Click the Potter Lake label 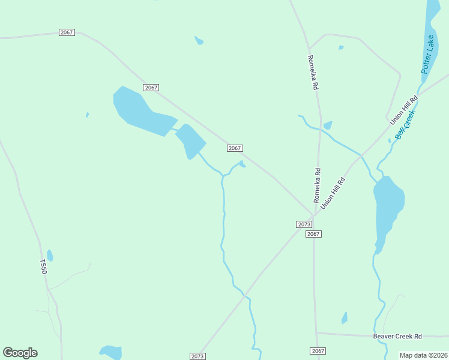(427, 55)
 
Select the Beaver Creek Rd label (397, 337)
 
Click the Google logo (20, 353)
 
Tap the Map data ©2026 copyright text (423, 355)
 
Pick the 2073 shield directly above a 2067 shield (304, 224)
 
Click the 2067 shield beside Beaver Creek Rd (318, 350)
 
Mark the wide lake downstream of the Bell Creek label (387, 207)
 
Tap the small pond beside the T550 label (50, 256)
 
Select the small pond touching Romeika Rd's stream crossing (328, 125)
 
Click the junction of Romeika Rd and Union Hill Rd (314, 214)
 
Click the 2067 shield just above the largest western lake (151, 88)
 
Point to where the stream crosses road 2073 (245, 295)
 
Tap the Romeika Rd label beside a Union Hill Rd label (317, 185)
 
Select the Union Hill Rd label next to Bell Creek (403, 110)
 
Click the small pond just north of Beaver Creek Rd (345, 318)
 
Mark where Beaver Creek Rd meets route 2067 (316, 333)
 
